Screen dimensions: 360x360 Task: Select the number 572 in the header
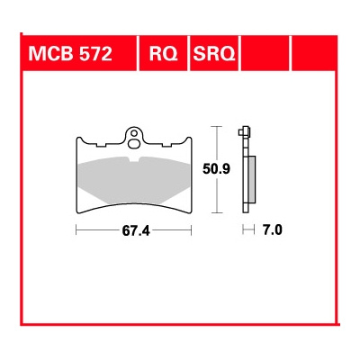93,54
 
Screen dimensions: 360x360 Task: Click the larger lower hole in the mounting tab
135,139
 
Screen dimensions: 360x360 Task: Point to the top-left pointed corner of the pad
76,138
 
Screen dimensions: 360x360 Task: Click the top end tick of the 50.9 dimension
216,125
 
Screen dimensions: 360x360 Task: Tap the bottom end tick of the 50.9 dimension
216,212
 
